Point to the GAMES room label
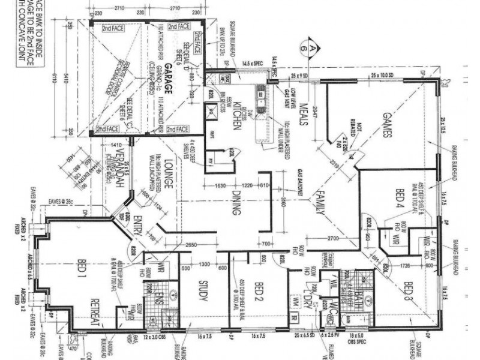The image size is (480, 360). [385, 126]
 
